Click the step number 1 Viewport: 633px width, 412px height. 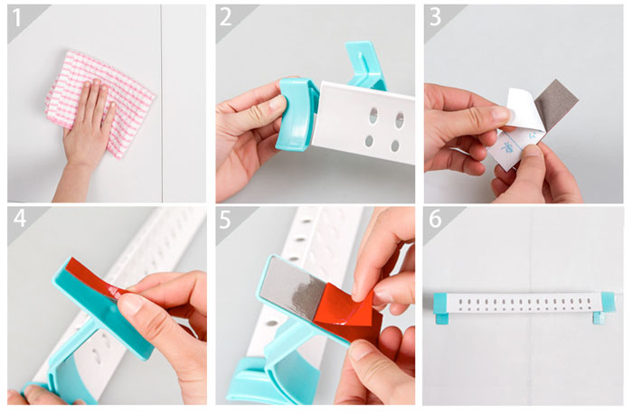[x=16, y=18]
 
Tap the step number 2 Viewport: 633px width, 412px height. [x=225, y=18]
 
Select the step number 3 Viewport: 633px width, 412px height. [x=435, y=18]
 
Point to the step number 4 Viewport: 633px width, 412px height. [x=20, y=219]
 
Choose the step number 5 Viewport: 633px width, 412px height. [x=225, y=220]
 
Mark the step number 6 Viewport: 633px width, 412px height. [x=435, y=220]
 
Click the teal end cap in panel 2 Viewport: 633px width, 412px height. [x=297, y=114]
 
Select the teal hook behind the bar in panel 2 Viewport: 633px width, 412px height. [x=364, y=64]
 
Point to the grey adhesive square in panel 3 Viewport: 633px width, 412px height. [x=556, y=106]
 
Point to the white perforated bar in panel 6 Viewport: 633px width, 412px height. [x=524, y=304]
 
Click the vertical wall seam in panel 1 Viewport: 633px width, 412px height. [x=162, y=103]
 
